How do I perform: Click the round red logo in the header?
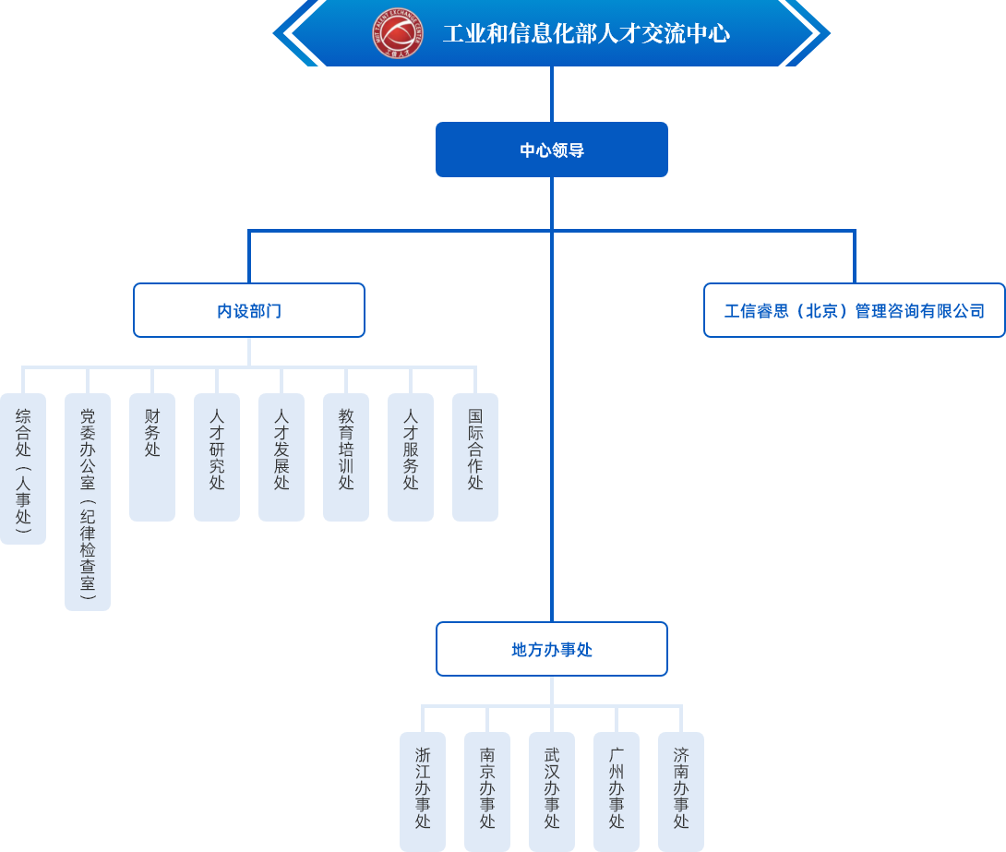tap(398, 33)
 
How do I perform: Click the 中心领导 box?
tap(551, 150)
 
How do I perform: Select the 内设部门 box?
tap(249, 310)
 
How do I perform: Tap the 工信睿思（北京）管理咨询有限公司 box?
tap(854, 310)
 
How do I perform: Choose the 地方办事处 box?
tap(551, 649)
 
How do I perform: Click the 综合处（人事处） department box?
tap(23, 469)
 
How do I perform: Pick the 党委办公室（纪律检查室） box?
tap(88, 502)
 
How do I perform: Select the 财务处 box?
tap(152, 457)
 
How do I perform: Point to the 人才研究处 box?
tap(217, 457)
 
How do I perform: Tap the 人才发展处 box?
tap(281, 457)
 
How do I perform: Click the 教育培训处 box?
tap(346, 457)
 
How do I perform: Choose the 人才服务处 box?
tap(411, 457)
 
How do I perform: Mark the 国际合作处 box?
tap(475, 457)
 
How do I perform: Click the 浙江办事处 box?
tap(423, 791)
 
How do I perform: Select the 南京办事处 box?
tap(487, 791)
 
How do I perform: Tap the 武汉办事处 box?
tap(552, 791)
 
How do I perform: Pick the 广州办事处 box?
tap(617, 791)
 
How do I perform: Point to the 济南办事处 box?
tap(681, 791)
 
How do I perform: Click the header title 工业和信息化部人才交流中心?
tap(586, 34)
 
